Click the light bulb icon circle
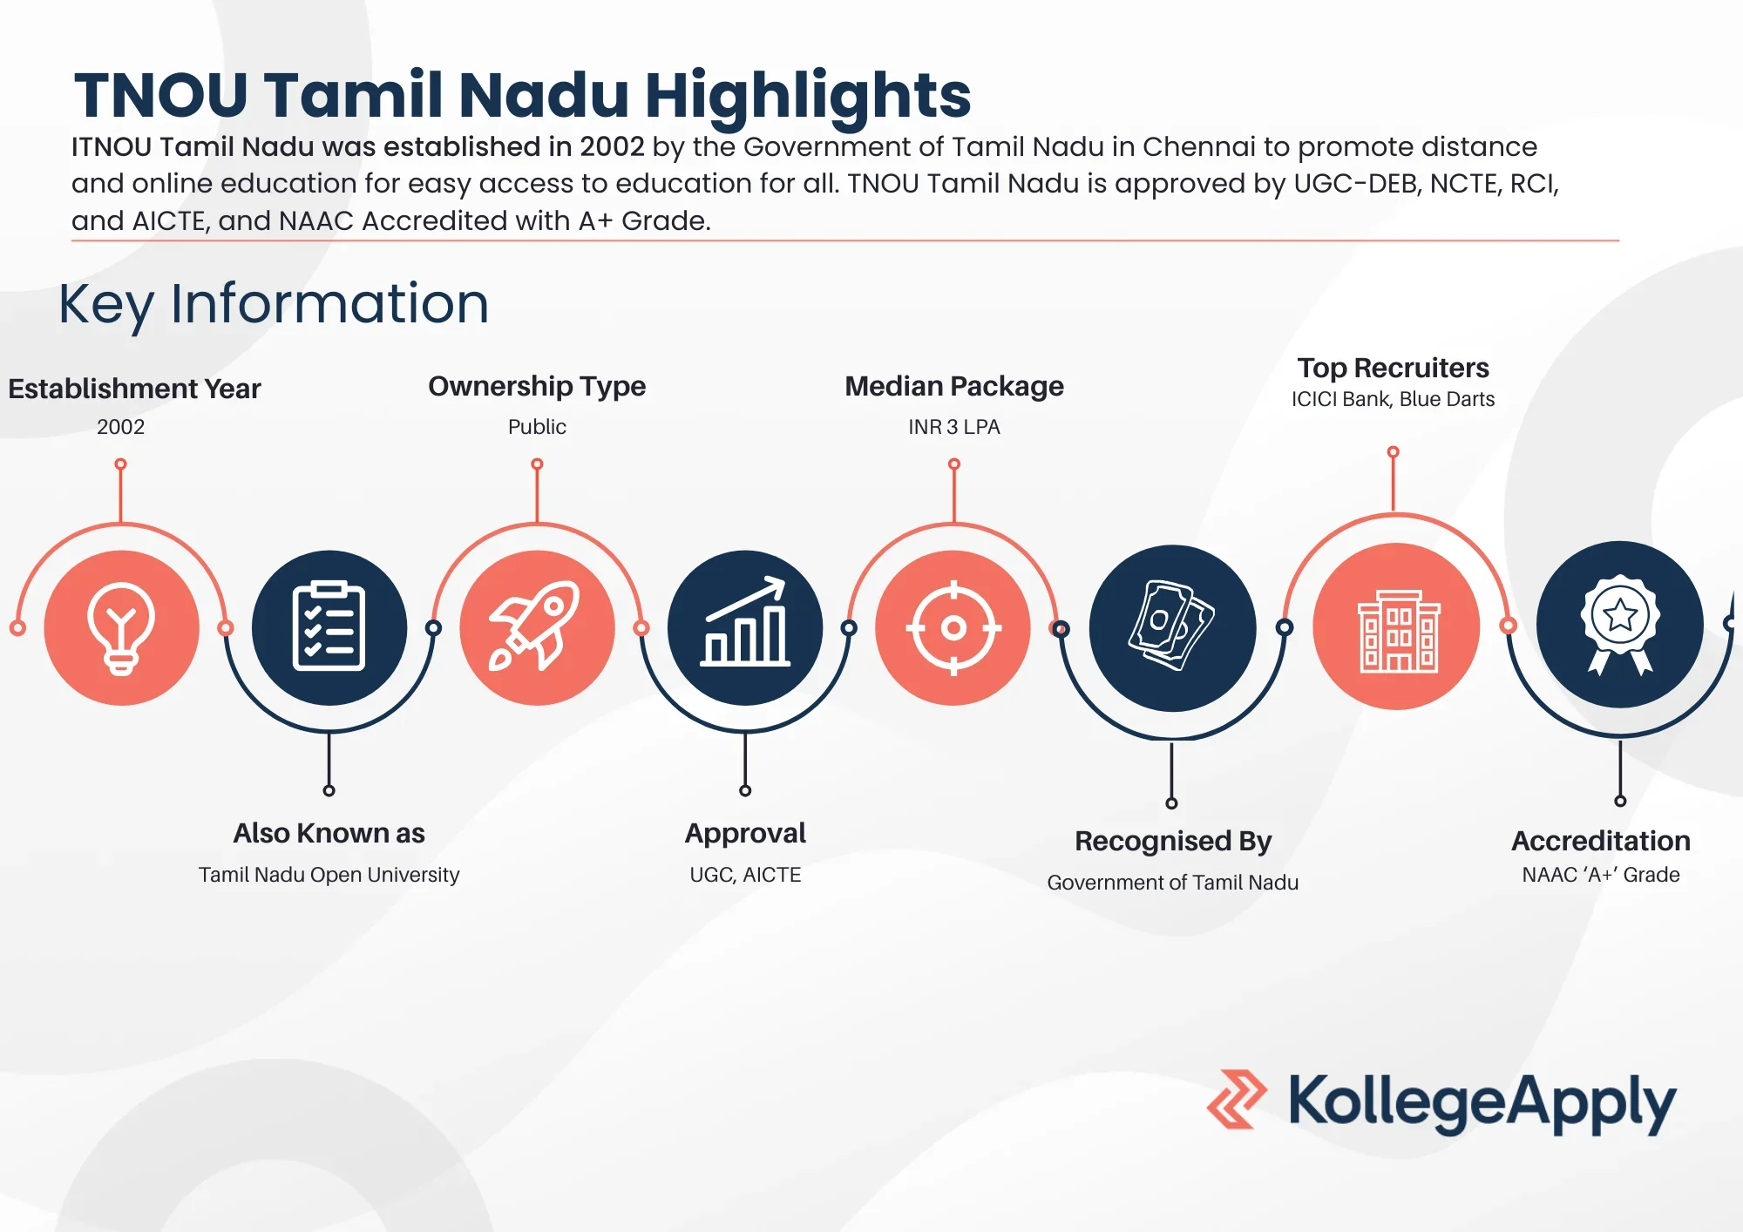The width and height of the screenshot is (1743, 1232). click(x=121, y=627)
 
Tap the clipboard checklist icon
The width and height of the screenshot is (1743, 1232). click(x=329, y=626)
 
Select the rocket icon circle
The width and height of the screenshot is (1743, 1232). click(x=537, y=627)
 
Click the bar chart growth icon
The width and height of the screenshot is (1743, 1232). click(x=745, y=621)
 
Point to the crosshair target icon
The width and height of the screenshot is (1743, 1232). click(x=953, y=627)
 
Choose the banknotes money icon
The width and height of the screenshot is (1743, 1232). click(x=1172, y=626)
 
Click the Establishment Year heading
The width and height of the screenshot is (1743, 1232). click(x=134, y=389)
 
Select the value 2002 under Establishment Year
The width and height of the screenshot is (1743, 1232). click(x=121, y=427)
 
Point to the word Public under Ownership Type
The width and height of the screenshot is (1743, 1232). click(x=537, y=427)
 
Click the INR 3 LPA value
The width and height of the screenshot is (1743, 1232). click(x=954, y=427)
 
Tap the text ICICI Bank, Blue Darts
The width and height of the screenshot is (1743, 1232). click(x=1393, y=399)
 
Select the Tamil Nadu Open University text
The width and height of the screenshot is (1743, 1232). click(x=329, y=875)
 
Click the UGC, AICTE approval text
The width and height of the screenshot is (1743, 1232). click(x=745, y=875)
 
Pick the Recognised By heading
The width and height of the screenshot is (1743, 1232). click(x=1173, y=841)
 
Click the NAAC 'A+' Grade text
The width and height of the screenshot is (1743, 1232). click(x=1601, y=875)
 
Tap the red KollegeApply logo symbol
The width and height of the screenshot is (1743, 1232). click(x=1237, y=1100)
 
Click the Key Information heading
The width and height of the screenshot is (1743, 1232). click(x=274, y=304)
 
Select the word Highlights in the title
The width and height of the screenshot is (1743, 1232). click(x=808, y=96)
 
